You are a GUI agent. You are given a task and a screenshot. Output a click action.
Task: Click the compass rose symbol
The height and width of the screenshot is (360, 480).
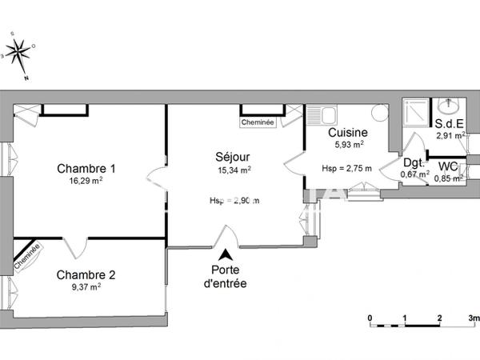tap(18, 54)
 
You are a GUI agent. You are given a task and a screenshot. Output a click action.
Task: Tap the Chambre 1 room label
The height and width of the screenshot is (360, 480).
tap(86, 169)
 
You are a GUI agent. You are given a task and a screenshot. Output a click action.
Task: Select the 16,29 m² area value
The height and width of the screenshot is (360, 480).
tap(86, 182)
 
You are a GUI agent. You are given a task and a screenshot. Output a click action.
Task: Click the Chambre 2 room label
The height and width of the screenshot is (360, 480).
tap(86, 275)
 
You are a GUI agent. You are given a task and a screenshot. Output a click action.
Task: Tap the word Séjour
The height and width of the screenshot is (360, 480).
tap(234, 156)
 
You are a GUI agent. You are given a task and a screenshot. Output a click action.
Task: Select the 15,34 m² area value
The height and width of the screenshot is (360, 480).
tap(234, 170)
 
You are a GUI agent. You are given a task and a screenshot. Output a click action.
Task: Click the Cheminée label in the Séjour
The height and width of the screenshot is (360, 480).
tap(258, 123)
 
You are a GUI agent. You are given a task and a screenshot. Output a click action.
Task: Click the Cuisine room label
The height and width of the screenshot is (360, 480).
tap(348, 133)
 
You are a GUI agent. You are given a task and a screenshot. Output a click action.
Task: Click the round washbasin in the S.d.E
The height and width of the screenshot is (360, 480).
tap(448, 107)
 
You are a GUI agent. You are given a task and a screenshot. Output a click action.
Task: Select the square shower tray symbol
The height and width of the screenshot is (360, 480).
tap(414, 110)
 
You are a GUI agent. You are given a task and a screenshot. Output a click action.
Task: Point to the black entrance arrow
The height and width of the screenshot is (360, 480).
tap(227, 254)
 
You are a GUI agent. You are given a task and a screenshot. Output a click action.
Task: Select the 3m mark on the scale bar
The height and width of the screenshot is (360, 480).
tap(473, 318)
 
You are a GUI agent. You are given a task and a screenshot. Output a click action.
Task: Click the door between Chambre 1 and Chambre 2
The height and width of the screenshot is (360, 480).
tap(76, 246)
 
